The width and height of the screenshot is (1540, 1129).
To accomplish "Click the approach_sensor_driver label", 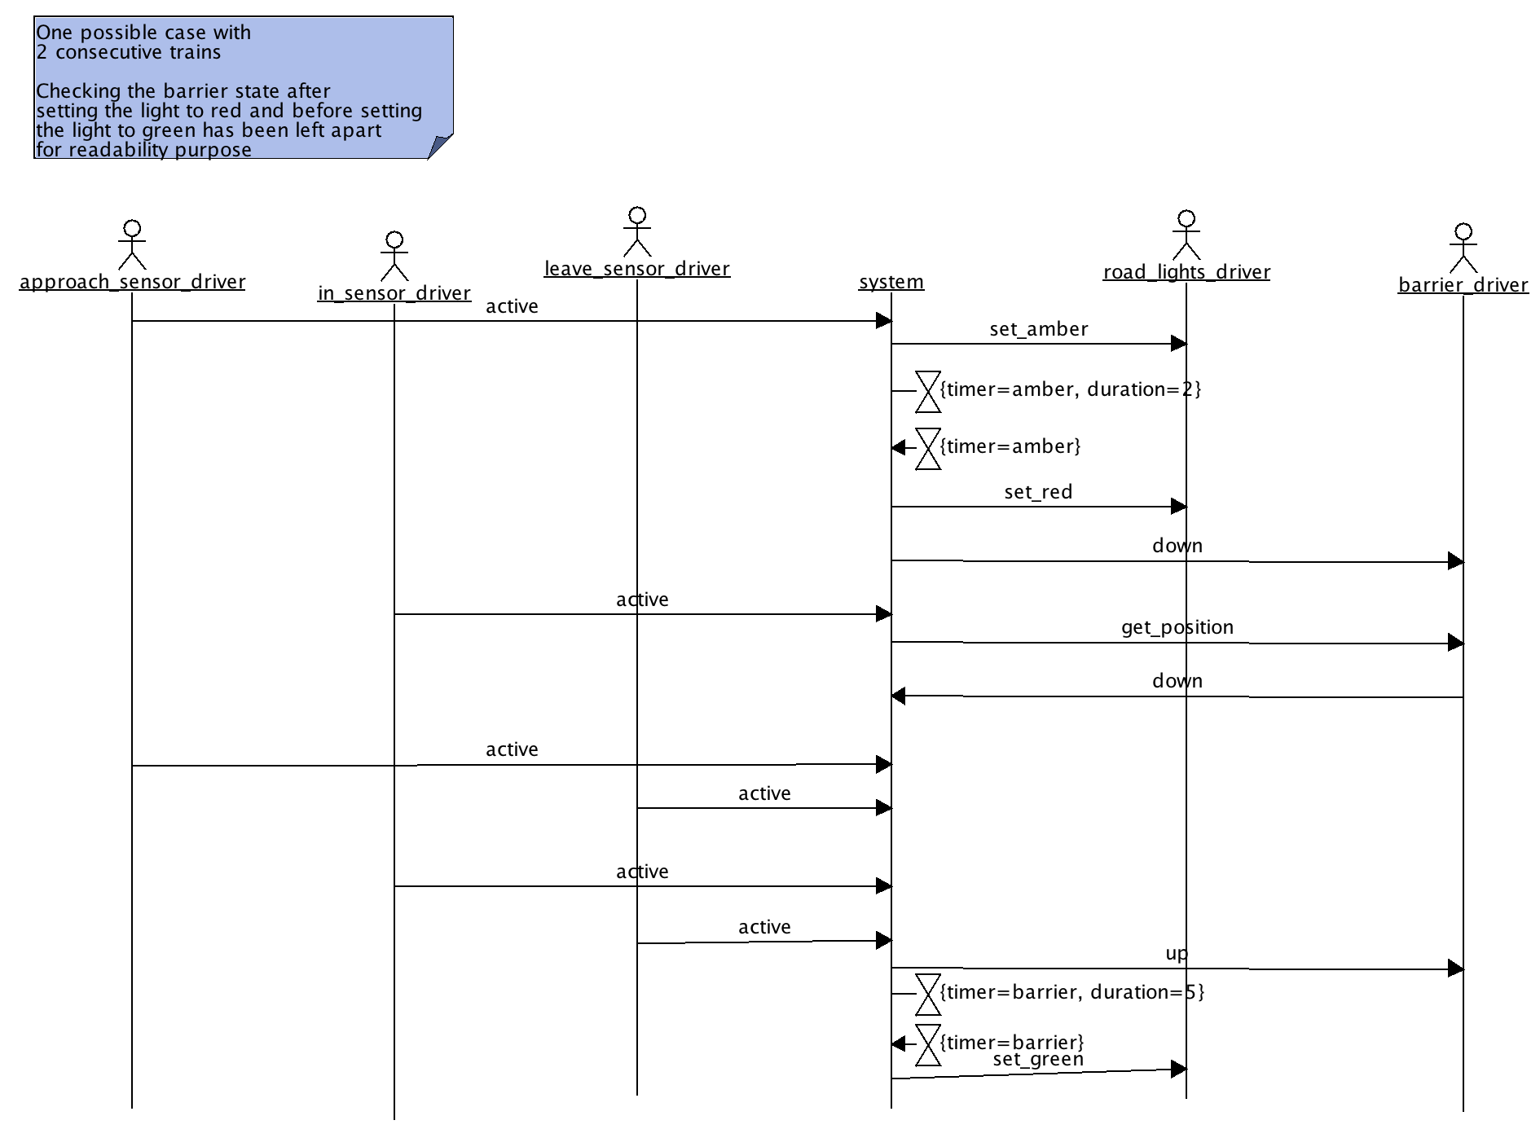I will coord(132,282).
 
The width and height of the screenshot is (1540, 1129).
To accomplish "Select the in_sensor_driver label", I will coord(394,293).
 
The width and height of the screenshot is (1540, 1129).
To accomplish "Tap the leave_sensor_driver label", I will coord(637,269).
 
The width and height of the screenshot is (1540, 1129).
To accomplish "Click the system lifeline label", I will coord(891,282).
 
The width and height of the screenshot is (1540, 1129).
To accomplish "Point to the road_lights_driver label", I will coord(1186,272).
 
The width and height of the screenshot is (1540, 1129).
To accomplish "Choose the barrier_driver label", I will coord(1463,285).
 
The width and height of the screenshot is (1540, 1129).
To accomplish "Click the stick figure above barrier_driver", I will coord(1463,248).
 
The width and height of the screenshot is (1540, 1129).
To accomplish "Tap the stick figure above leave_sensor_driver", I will coord(637,231).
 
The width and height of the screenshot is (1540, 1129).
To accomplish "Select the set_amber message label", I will coord(1039,329).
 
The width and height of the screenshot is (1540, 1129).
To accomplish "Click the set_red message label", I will coord(1038,492).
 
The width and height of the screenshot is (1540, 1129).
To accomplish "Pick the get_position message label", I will coord(1177,627).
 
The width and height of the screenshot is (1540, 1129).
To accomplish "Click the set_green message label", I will coord(1038,1059).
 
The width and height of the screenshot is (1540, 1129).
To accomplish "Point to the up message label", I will coord(1177,953).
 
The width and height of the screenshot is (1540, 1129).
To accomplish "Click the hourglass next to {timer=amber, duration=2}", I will coord(928,391).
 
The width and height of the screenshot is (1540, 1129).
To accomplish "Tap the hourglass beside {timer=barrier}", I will coord(928,1044).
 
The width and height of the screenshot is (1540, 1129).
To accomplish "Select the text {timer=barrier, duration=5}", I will coord(1071,992).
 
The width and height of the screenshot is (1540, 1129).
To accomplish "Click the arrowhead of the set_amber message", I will coord(1178,344).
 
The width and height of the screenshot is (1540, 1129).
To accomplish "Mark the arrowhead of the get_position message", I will coord(1455,644).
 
